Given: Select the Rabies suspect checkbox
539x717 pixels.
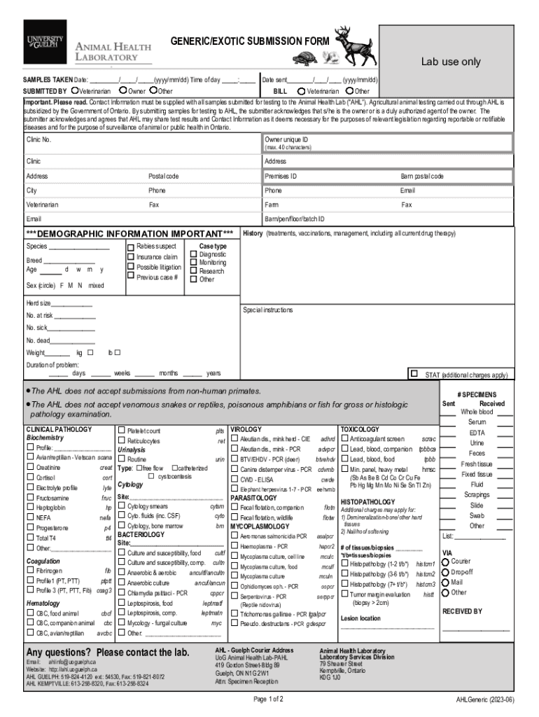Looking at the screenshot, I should pyautogui.click(x=130, y=247).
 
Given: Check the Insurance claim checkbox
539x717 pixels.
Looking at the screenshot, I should pyautogui.click(x=130, y=257).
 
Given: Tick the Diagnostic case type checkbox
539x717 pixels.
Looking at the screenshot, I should pyautogui.click(x=193, y=255).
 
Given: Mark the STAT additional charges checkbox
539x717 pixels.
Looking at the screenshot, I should pyautogui.click(x=414, y=374).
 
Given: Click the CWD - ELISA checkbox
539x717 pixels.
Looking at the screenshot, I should pyautogui.click(x=235, y=480).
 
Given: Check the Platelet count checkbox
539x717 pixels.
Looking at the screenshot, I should pyautogui.click(x=122, y=430).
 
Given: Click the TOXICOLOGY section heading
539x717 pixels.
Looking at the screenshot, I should pyautogui.click(x=359, y=429).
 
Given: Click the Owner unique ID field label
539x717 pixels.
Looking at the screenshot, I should pyautogui.click(x=286, y=140).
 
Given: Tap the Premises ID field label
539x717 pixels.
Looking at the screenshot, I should pyautogui.click(x=280, y=176).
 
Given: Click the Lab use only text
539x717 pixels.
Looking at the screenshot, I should pyautogui.click(x=450, y=62).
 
